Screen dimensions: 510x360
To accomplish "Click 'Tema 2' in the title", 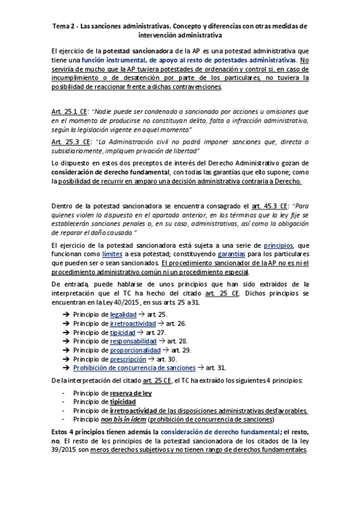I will click(x=64, y=26).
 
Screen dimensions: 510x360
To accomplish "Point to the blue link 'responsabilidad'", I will click(x=132, y=341).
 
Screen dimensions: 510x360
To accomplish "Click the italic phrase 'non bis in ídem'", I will click(x=123, y=419).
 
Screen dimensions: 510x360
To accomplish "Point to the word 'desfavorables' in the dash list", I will click(x=282, y=410).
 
